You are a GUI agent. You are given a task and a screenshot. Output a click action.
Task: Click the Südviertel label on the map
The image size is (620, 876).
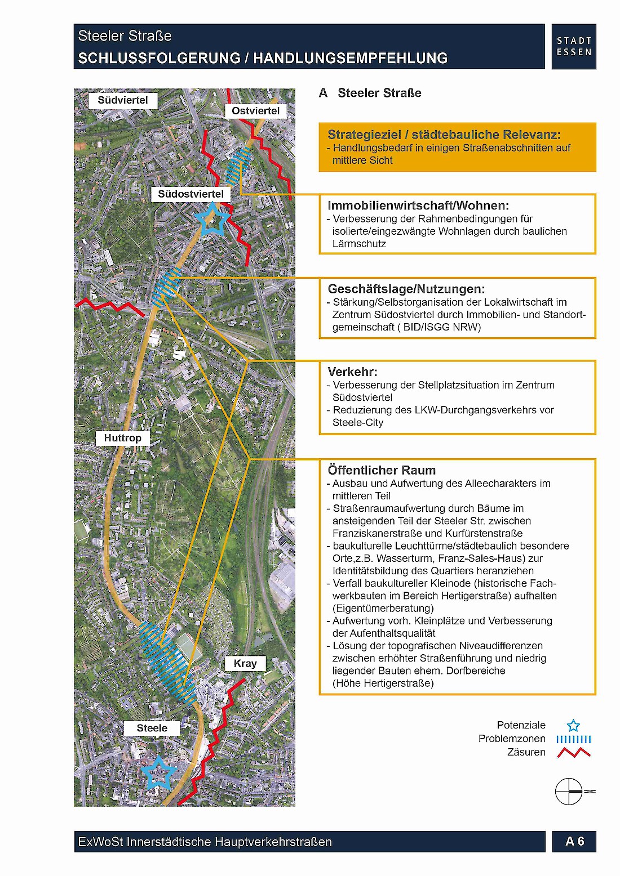122,101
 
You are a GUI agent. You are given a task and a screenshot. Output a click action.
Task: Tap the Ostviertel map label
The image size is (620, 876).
255,111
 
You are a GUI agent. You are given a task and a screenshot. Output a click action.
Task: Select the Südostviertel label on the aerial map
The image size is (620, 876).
191,194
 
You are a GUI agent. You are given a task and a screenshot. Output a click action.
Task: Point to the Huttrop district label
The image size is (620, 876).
122,438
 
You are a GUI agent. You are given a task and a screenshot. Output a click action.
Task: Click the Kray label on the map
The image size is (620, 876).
245,664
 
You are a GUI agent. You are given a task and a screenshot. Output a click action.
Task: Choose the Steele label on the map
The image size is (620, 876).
152,728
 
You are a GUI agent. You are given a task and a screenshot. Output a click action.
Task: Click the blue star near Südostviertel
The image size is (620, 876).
211,220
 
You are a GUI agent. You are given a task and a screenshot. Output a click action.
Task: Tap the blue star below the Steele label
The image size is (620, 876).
158,773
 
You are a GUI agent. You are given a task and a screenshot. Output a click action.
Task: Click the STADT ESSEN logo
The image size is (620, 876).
574,47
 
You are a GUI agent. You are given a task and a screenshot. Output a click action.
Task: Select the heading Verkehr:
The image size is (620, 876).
352,372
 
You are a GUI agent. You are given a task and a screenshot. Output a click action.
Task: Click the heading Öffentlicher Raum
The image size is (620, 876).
382,470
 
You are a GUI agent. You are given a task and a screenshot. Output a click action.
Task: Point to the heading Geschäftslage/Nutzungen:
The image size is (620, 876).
406,289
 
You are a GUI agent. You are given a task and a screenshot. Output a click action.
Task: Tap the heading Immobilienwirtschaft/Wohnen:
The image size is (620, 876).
418,205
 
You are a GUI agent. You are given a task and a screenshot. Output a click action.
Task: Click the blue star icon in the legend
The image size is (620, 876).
573,725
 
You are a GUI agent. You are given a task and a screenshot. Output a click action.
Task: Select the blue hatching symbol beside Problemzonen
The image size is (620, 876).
573,739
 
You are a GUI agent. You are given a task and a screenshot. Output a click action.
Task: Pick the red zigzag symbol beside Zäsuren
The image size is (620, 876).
573,752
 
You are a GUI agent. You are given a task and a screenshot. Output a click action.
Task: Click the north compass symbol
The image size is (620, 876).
570,791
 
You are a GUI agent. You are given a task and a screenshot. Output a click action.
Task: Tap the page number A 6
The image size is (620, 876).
574,842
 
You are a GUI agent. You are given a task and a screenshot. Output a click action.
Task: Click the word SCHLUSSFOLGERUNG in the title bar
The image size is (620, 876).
159,58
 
